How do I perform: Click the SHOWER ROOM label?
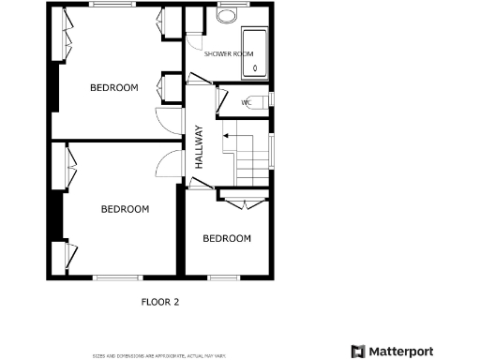pos(230,53)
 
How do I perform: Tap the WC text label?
pos(246,101)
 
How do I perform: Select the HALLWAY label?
pos(199,146)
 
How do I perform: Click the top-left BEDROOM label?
pos(113,87)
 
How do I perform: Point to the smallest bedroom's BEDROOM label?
pos(227,238)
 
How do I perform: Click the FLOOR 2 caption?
pos(159,302)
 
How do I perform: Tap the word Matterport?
pos(400,352)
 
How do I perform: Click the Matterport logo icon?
pos(357,352)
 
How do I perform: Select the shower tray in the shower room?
pos(255,52)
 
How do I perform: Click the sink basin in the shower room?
pos(228,17)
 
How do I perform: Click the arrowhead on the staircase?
pos(226,137)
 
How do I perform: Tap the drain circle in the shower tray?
pos(255,67)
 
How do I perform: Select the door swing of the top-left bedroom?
pos(166,119)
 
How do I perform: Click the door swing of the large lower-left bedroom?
pos(167,162)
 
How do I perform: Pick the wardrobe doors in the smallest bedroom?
pos(246,203)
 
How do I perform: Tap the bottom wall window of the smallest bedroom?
pos(222,277)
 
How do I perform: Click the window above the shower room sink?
pos(228,5)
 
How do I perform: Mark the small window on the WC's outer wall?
pos(273,97)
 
